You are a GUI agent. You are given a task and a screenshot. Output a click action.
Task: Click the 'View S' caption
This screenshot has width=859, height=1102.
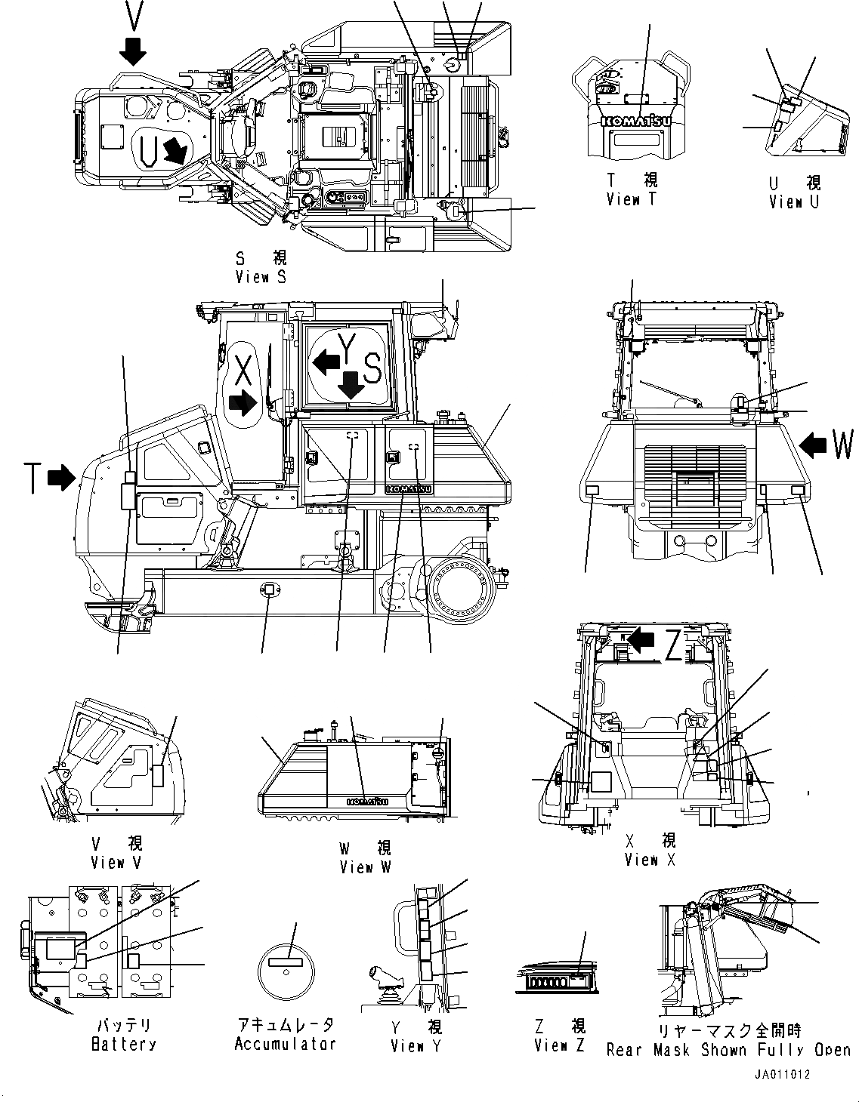[261, 277]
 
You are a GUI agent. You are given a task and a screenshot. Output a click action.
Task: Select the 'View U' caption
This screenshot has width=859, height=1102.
[794, 202]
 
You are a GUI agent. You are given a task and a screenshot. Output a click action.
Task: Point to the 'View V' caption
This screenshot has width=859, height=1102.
[116, 862]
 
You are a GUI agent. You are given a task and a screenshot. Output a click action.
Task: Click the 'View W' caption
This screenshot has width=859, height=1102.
[365, 867]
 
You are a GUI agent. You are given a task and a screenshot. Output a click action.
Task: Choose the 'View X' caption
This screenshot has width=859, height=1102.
[650, 860]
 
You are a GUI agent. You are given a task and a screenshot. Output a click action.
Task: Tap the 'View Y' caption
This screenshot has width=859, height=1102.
[416, 1046]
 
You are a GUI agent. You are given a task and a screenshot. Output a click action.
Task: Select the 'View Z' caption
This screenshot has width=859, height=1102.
[559, 1045]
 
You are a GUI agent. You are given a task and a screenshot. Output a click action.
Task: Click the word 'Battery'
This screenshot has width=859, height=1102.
[124, 1045]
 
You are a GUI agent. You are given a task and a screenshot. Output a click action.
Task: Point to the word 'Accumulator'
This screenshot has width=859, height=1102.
[285, 1045]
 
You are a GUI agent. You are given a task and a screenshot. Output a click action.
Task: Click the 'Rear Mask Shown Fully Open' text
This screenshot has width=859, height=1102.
[728, 1050]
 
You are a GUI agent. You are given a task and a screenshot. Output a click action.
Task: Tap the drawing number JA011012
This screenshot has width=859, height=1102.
[781, 1075]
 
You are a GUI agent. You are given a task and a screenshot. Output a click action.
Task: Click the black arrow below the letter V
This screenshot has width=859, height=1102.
[134, 51]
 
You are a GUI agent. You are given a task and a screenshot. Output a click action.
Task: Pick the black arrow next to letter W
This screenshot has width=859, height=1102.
[813, 445]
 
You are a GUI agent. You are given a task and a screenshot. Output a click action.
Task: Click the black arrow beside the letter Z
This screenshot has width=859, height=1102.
[641, 640]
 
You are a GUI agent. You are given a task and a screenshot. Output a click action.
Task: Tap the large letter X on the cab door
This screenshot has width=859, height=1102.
[243, 370]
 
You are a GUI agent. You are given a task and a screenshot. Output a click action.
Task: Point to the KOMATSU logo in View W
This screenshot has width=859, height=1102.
[367, 802]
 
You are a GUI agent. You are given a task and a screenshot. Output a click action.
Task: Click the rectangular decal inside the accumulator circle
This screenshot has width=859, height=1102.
[284, 962]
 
